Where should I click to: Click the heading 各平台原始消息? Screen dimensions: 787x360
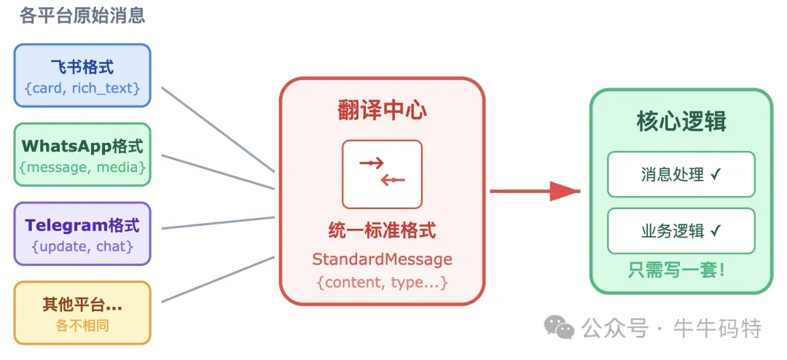[82, 15]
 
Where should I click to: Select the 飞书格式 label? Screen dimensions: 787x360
[82, 67]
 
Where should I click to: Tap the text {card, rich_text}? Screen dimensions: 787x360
[82, 89]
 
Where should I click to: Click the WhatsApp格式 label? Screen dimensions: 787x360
[82, 146]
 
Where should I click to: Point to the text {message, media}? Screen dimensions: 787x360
[82, 168]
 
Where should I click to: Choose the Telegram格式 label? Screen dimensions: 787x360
[82, 225]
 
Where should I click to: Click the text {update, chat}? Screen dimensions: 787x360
[82, 246]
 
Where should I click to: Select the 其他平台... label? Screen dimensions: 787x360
[82, 305]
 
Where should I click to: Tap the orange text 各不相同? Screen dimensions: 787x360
[82, 325]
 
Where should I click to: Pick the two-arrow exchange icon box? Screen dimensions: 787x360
[382, 174]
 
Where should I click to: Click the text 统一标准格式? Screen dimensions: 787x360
[382, 231]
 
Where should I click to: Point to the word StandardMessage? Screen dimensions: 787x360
[382, 259]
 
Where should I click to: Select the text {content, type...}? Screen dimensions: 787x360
[382, 282]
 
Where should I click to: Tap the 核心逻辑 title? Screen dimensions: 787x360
[681, 121]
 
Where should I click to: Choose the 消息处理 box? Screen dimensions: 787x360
[681, 174]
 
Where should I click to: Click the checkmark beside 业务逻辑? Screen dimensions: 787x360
[716, 231]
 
